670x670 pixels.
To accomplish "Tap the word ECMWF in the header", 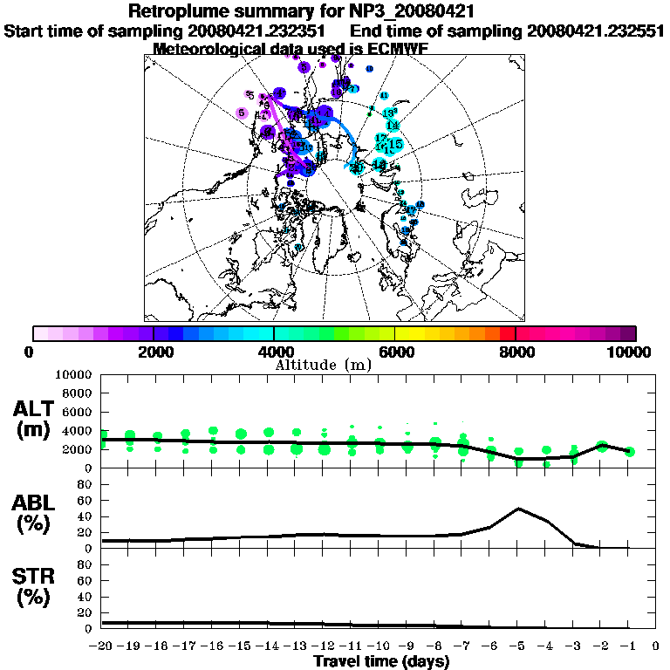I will pyautogui.click(x=397, y=50).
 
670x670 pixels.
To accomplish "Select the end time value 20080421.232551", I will pyautogui.click(x=593, y=31).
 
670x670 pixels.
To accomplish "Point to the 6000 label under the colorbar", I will pyautogui.click(x=395, y=352).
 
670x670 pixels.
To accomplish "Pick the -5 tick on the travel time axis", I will pyautogui.click(x=518, y=646).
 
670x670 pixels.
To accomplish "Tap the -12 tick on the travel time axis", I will pyautogui.click(x=324, y=646).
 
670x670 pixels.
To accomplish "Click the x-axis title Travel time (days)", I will pyautogui.click(x=381, y=661).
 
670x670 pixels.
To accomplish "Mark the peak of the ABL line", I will pyautogui.click(x=519, y=508).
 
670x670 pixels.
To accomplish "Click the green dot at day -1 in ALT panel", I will pyautogui.click(x=630, y=451).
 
